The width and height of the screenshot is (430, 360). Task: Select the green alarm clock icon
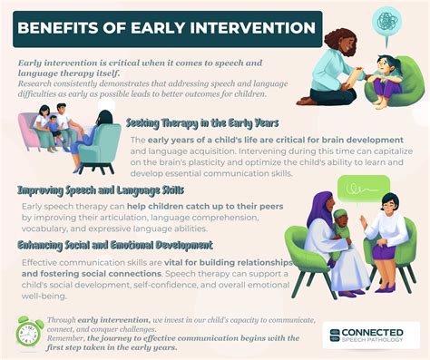(x=29, y=332)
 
